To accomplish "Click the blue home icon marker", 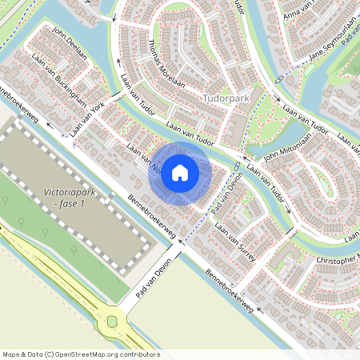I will tap(180, 172).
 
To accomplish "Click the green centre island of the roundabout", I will tap(113, 322).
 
